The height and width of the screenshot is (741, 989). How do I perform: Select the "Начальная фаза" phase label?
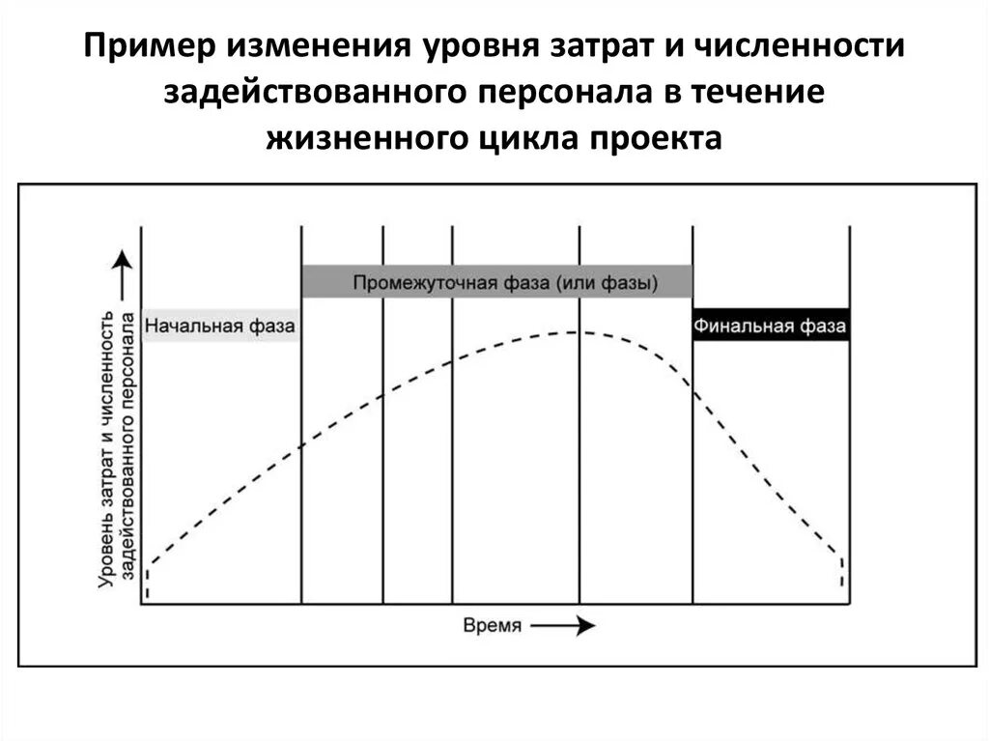click(219, 327)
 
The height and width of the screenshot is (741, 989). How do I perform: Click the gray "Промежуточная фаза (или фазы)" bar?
click(497, 282)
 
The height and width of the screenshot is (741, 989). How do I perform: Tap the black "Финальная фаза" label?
click(771, 327)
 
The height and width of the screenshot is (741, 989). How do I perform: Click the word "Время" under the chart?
click(493, 626)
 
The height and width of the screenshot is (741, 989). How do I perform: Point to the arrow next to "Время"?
click(564, 626)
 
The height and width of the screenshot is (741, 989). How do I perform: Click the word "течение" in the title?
click(769, 93)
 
